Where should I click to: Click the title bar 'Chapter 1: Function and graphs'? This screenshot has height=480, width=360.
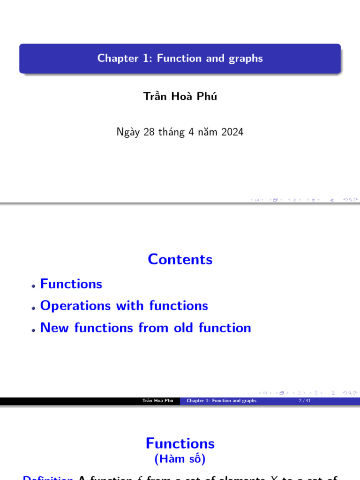[x=180, y=59]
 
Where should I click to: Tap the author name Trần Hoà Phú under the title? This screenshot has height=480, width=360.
[x=180, y=97]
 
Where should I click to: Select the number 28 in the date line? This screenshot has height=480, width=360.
[x=149, y=132]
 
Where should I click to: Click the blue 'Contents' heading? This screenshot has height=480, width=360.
[x=180, y=259]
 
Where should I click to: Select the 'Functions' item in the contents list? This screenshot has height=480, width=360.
[x=71, y=284]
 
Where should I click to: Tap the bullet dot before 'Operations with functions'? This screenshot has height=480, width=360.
[x=34, y=308]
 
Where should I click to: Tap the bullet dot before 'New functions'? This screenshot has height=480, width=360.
[x=34, y=330]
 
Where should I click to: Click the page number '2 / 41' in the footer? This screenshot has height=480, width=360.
[x=304, y=401]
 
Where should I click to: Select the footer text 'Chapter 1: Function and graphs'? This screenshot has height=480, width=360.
[x=221, y=401]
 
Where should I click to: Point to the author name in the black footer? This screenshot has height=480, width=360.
[x=158, y=401]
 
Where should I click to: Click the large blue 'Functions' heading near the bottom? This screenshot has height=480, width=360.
[x=180, y=443]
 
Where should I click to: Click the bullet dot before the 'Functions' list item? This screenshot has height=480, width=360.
[x=34, y=286]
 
